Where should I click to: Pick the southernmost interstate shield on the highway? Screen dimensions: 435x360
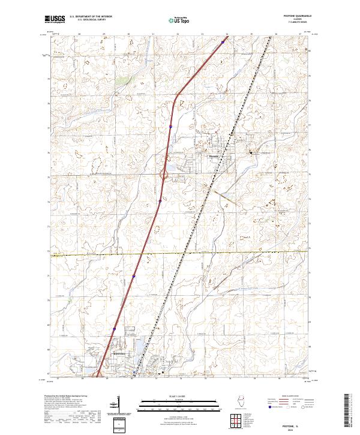[114, 329]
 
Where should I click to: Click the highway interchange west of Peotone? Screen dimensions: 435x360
[164, 175]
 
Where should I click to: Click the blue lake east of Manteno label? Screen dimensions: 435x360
[137, 348]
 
